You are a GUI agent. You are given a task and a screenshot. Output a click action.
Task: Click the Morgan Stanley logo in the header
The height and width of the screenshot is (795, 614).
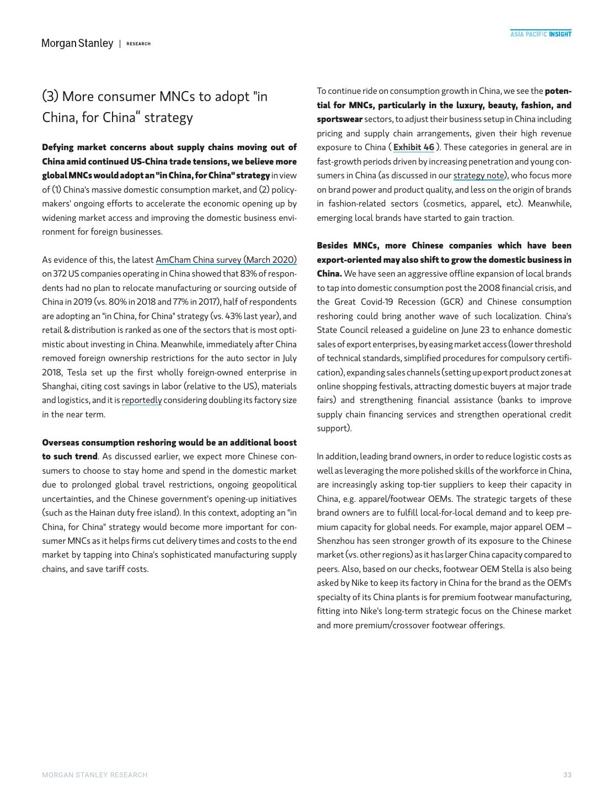point(77,43)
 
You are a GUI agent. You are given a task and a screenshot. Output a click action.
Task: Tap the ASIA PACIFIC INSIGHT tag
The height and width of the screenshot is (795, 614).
point(540,34)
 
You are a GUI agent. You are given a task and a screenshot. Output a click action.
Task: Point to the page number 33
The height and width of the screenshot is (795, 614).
point(567,775)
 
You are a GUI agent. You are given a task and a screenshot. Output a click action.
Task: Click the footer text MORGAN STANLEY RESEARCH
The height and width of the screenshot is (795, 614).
point(95,775)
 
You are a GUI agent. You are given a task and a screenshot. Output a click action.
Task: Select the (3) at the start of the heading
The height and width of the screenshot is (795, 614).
point(50,97)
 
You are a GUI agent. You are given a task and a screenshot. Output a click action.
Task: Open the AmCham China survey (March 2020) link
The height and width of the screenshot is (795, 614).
point(226,259)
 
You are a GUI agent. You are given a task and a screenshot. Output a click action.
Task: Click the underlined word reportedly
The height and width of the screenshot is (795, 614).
point(142,400)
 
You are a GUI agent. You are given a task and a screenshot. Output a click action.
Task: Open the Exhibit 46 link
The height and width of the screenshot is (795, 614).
point(414,147)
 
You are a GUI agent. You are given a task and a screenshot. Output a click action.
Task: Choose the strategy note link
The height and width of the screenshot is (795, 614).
point(478,176)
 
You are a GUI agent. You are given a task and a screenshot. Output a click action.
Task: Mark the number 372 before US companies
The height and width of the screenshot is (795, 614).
point(60,274)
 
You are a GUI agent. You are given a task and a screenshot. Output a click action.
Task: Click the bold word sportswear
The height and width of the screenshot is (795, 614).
point(340,119)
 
